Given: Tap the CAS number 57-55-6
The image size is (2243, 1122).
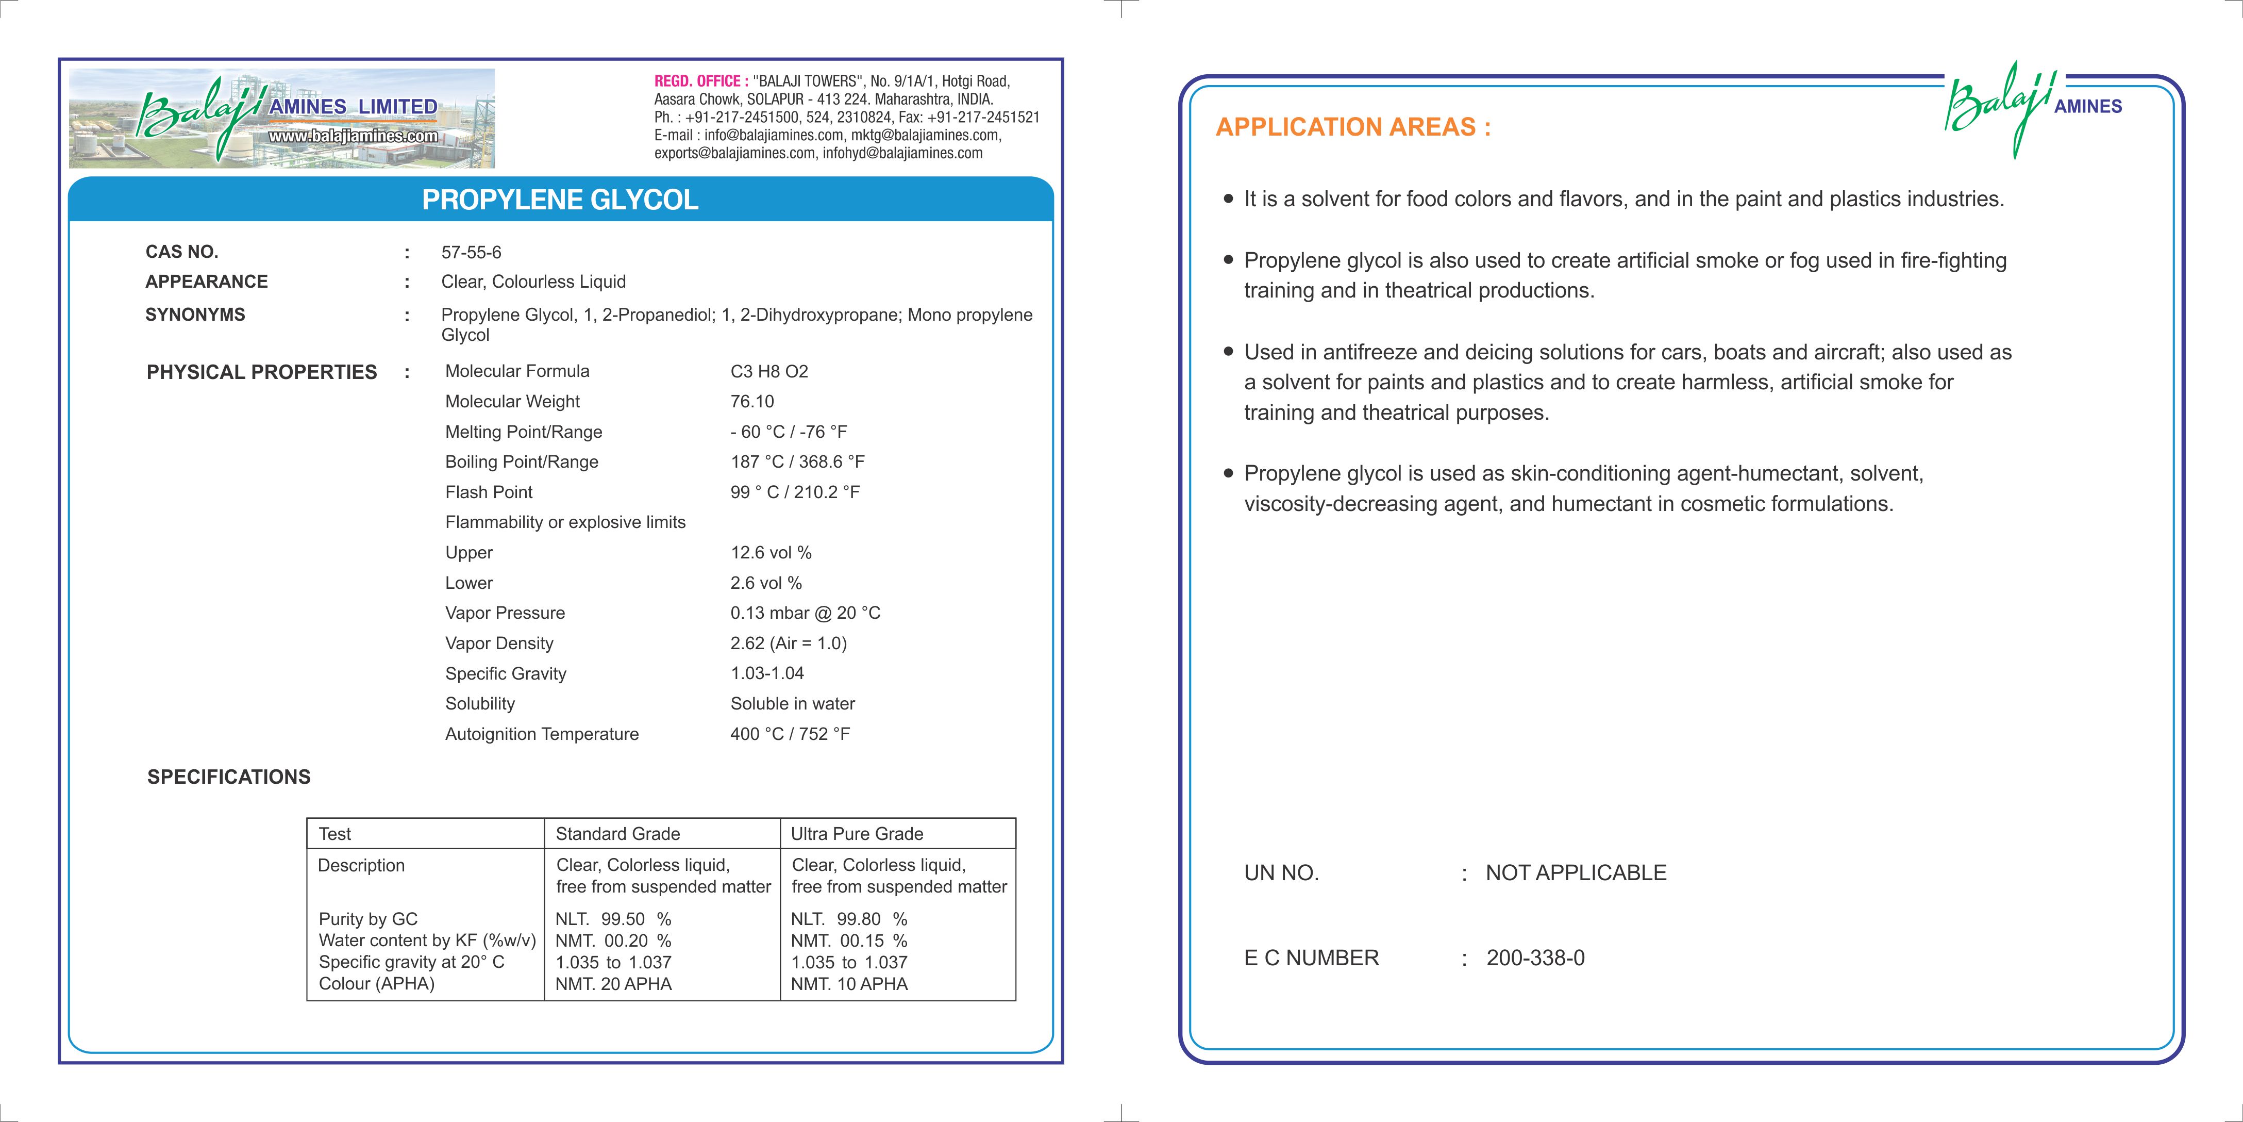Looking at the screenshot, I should [x=471, y=253].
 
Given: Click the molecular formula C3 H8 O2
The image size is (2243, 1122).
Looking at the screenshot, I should [x=769, y=372].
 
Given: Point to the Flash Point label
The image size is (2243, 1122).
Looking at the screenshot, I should [x=489, y=492].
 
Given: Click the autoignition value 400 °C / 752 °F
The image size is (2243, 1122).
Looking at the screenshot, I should [x=790, y=734].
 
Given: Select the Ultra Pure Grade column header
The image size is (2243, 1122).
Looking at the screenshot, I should [x=857, y=834].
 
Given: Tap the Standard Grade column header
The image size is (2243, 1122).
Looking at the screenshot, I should [x=617, y=834].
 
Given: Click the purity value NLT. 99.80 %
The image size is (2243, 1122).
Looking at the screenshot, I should [x=849, y=919].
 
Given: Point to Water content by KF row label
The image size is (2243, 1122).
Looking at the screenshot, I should [x=427, y=941].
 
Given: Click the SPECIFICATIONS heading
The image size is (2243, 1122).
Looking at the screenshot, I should [x=229, y=777].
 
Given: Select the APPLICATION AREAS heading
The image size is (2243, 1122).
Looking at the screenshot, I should [x=1353, y=127].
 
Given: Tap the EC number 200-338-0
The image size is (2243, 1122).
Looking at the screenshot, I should [x=1535, y=958].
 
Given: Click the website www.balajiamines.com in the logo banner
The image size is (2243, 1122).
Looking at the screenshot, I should [x=353, y=136].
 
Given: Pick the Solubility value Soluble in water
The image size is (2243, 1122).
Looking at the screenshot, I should [x=792, y=704].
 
